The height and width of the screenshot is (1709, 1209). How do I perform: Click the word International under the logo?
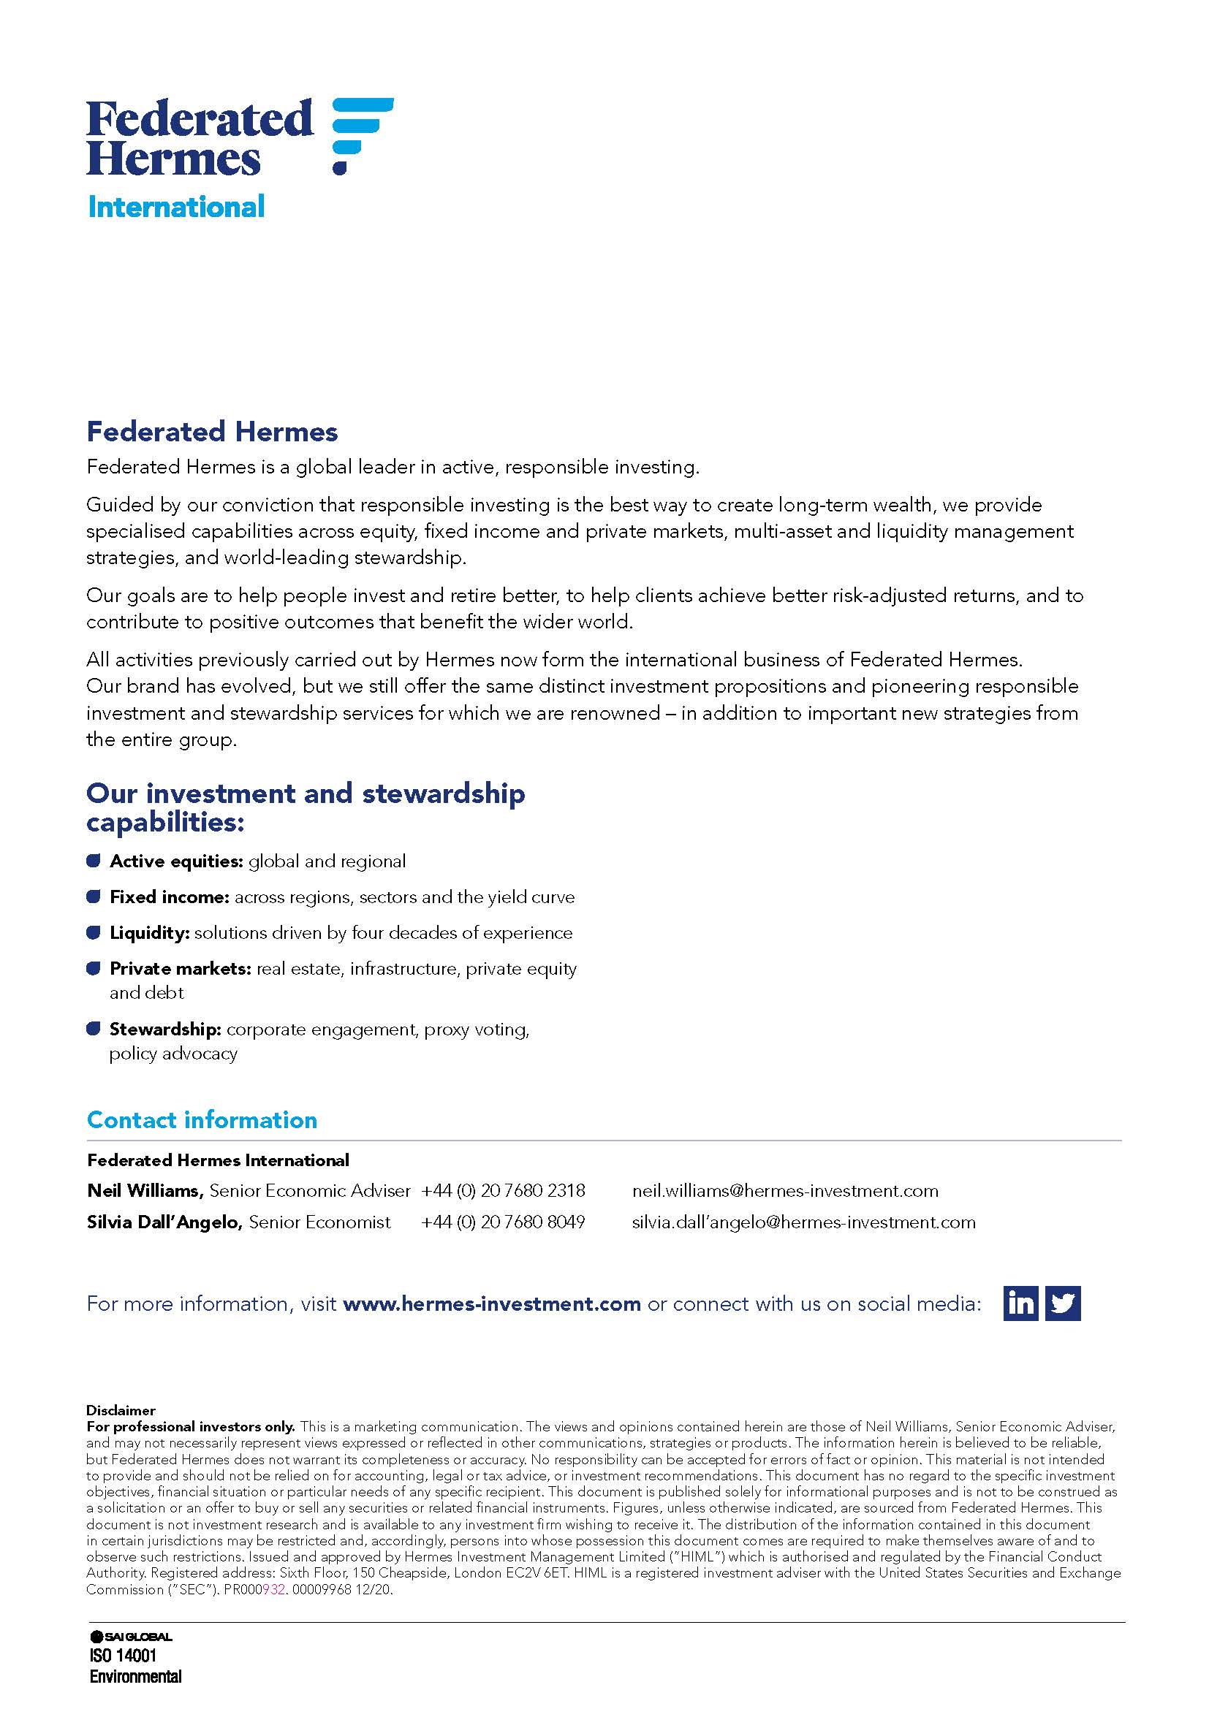pyautogui.click(x=175, y=207)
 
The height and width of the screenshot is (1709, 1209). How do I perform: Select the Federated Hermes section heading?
pyautogui.click(x=212, y=432)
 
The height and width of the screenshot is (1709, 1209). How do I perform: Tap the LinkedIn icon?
pyautogui.click(x=1020, y=1303)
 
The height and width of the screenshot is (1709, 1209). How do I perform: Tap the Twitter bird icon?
pyautogui.click(x=1062, y=1303)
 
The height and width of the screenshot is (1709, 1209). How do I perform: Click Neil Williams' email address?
pyautogui.click(x=784, y=1191)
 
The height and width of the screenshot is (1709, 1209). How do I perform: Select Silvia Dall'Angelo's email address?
pyautogui.click(x=803, y=1222)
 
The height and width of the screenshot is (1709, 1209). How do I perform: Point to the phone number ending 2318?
pyautogui.click(x=503, y=1191)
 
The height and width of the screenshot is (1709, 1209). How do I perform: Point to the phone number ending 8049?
pyautogui.click(x=503, y=1222)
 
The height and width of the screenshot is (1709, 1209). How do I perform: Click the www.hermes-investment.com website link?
pyautogui.click(x=491, y=1304)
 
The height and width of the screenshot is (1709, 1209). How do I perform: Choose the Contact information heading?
pyautogui.click(x=202, y=1120)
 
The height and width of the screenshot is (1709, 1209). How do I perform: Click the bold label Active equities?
pyautogui.click(x=176, y=861)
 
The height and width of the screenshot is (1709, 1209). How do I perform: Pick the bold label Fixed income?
pyautogui.click(x=169, y=897)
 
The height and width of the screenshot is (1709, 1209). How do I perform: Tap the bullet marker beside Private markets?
pyautogui.click(x=93, y=968)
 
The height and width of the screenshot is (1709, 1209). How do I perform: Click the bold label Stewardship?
pyautogui.click(x=165, y=1029)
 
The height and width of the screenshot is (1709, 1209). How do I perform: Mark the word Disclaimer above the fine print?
pyautogui.click(x=121, y=1410)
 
